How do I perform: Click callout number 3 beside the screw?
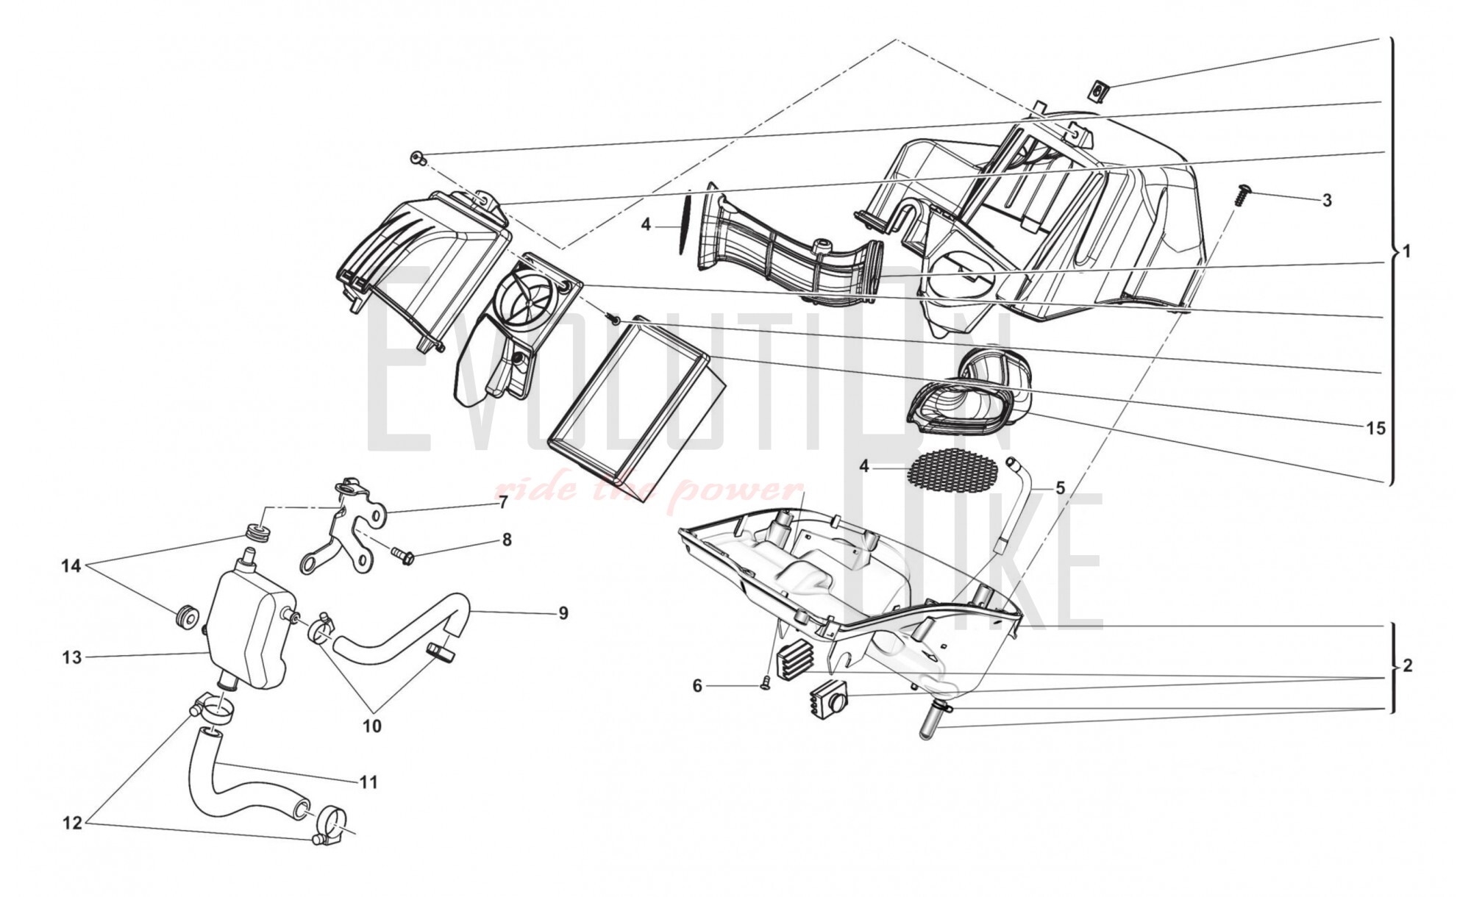(1327, 201)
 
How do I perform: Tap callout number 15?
(1375, 428)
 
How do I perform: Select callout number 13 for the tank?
(71, 657)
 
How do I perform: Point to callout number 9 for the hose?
(563, 613)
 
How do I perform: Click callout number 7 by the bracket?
(503, 503)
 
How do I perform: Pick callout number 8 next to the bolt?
(507, 540)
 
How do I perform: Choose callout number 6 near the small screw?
(697, 686)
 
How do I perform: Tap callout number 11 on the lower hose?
(368, 782)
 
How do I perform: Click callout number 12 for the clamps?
(71, 823)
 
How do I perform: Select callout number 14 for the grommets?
(71, 567)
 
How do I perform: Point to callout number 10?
(372, 726)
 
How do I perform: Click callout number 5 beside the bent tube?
(1060, 488)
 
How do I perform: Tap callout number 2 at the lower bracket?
(1407, 666)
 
